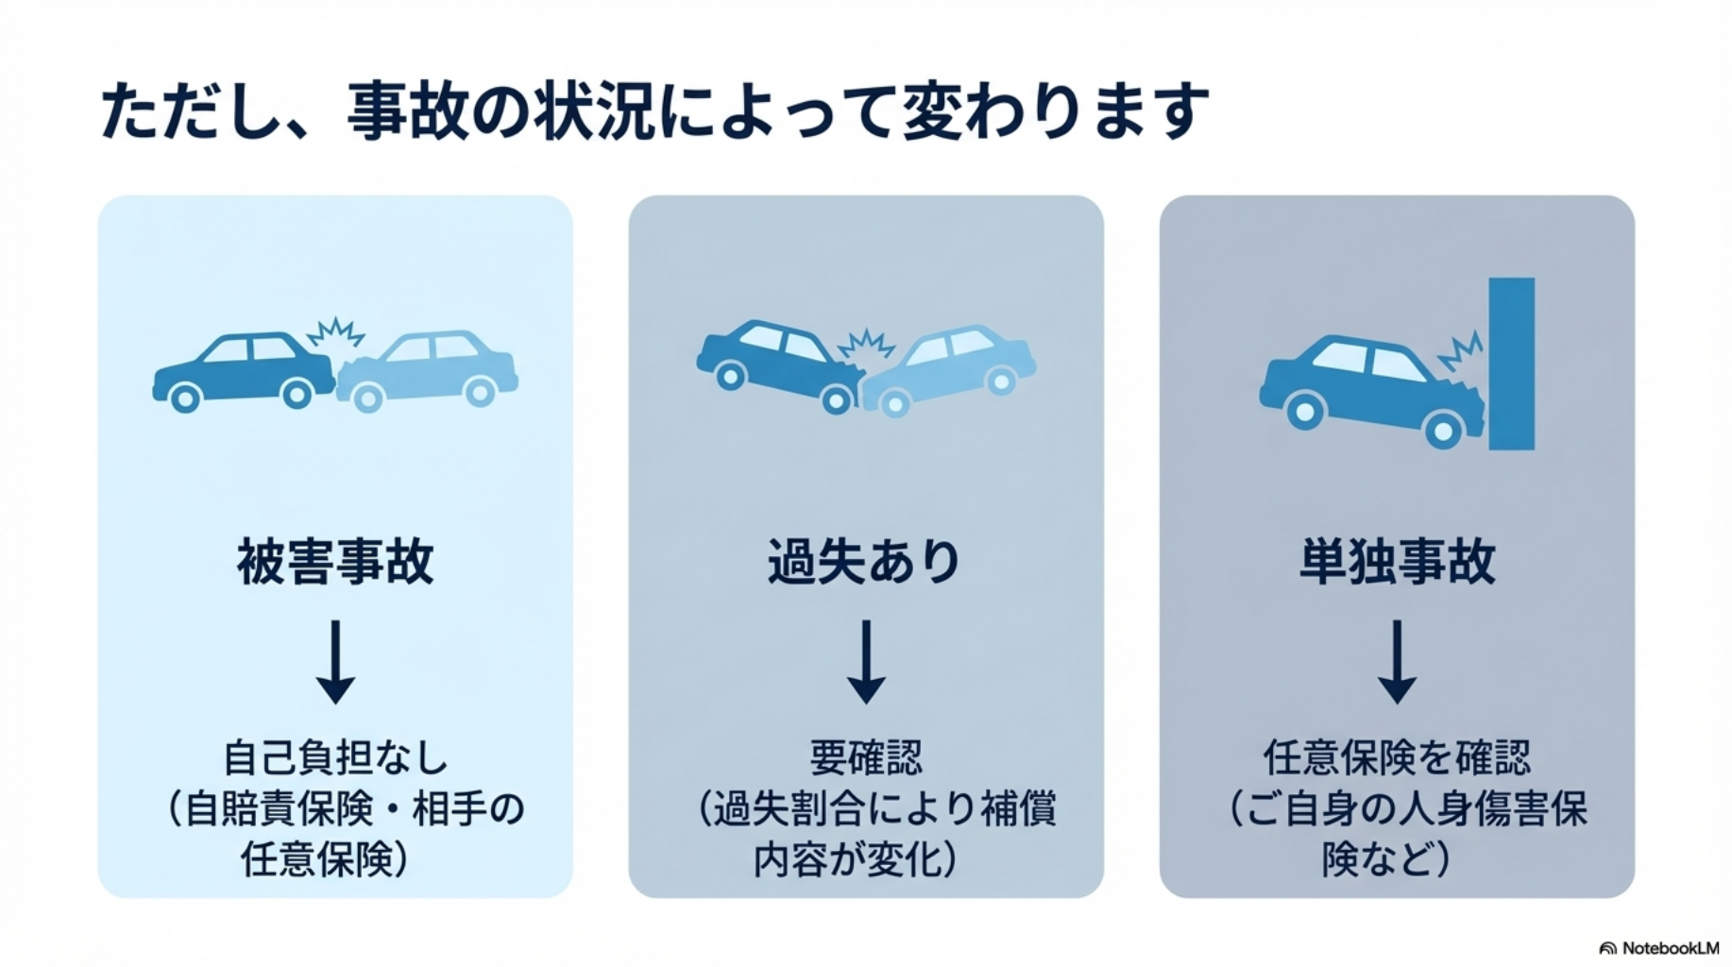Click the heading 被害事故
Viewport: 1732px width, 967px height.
coord(335,562)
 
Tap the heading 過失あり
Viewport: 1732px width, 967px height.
coord(865,562)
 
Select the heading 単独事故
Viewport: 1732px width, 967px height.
coord(1397,562)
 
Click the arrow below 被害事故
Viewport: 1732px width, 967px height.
coord(335,662)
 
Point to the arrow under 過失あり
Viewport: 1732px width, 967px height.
coord(865,662)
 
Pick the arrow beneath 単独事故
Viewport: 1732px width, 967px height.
coord(1397,662)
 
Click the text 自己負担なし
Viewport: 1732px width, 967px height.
coord(335,757)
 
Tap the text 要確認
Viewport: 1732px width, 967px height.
coord(865,757)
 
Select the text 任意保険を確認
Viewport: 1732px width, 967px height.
coord(1397,757)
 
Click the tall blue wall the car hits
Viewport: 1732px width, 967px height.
coord(1511,364)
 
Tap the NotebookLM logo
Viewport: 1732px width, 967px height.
coord(1659,947)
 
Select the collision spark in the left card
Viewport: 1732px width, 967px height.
coord(335,332)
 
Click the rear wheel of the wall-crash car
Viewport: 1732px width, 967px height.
coord(1305,411)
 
